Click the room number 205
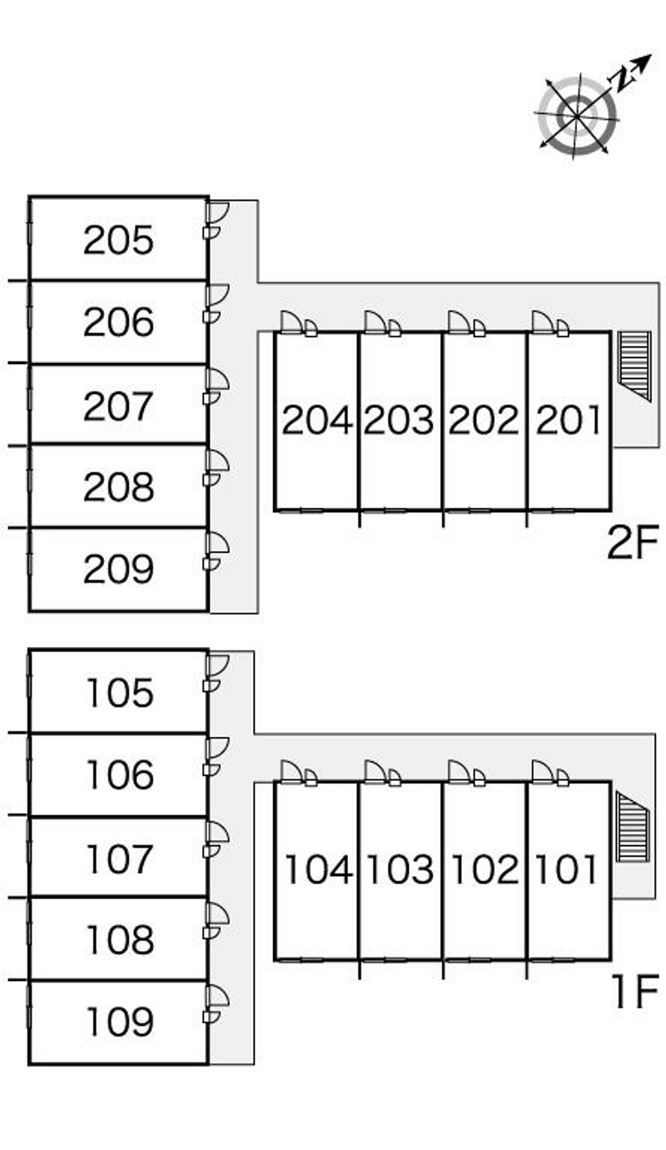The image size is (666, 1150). pyautogui.click(x=119, y=241)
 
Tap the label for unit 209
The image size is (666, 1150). pyautogui.click(x=119, y=570)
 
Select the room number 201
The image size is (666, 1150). pyautogui.click(x=569, y=421)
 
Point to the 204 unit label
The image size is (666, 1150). pyautogui.click(x=317, y=421)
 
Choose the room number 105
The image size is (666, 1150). pyautogui.click(x=119, y=693)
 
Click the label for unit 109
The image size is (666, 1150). pyautogui.click(x=119, y=1023)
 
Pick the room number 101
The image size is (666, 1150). pyautogui.click(x=566, y=870)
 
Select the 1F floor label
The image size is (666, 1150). pyautogui.click(x=634, y=993)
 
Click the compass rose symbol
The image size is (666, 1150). pyautogui.click(x=577, y=113)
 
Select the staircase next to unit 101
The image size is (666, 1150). pyautogui.click(x=632, y=826)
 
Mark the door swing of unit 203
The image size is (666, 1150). pyautogui.click(x=374, y=321)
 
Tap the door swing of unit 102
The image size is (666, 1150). pyautogui.click(x=458, y=771)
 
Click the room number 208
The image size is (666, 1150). pyautogui.click(x=119, y=488)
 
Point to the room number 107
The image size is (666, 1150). pyautogui.click(x=119, y=859)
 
